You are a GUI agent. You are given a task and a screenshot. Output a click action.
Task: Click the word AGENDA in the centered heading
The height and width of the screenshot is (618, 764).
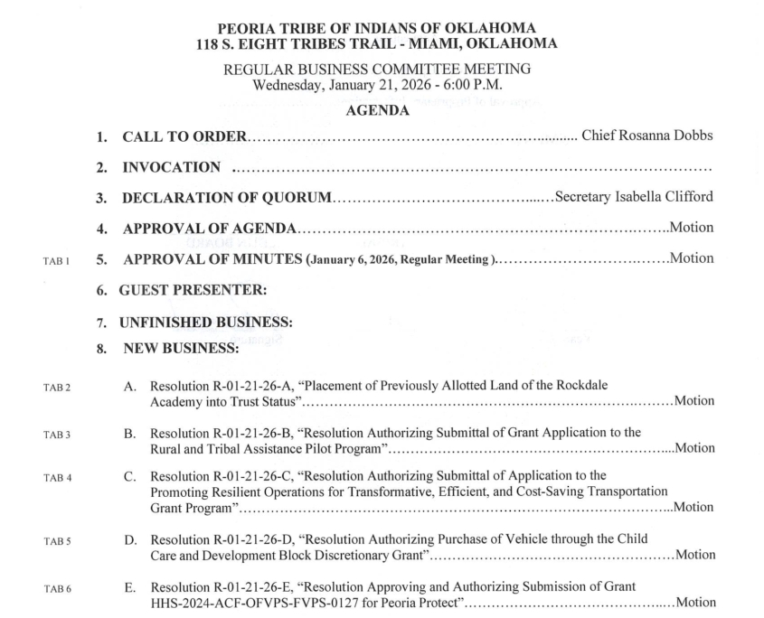tap(382, 110)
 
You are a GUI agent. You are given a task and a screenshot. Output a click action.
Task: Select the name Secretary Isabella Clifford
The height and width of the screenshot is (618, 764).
tap(634, 198)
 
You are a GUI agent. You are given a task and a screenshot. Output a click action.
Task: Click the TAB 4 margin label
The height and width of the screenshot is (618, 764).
tap(56, 476)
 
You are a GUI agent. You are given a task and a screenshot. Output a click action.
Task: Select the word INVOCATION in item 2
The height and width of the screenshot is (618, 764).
tap(171, 167)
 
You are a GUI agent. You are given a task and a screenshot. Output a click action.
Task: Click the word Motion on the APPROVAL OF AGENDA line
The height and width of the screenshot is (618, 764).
tap(691, 228)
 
